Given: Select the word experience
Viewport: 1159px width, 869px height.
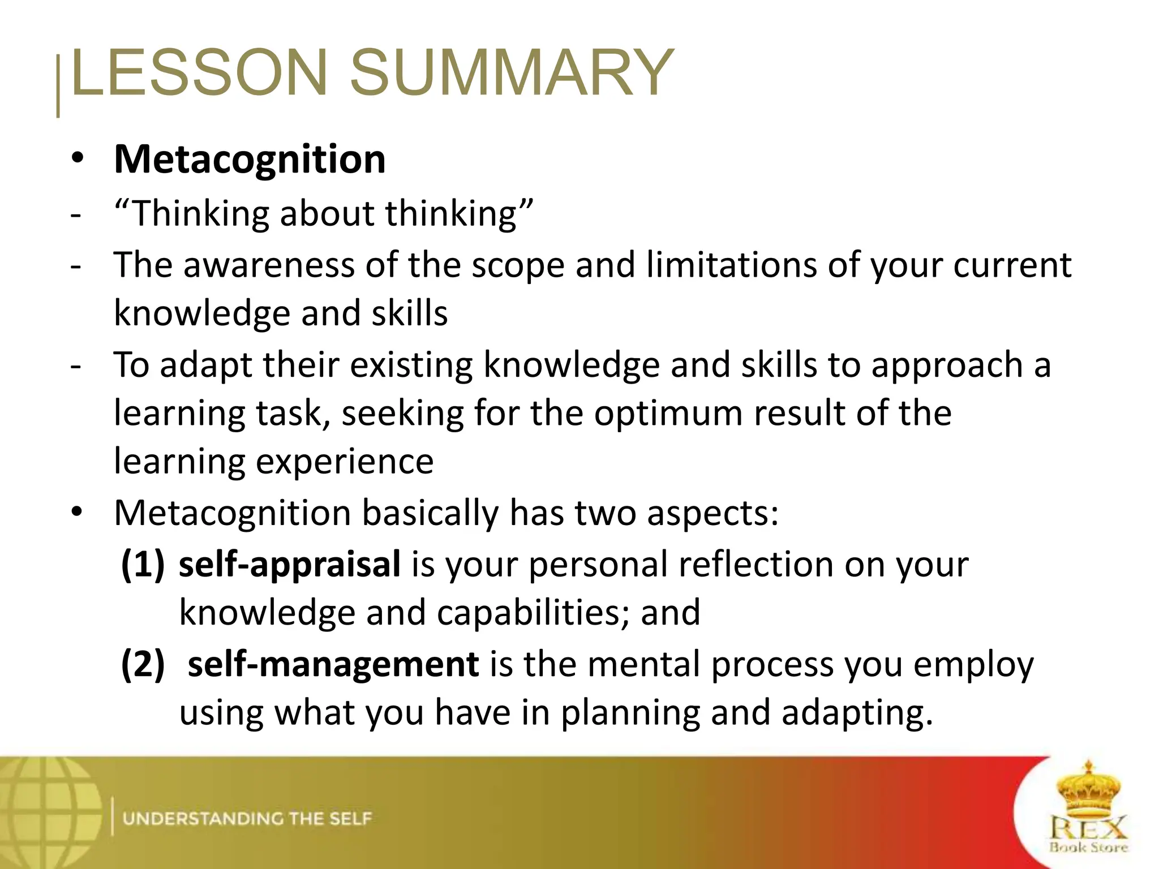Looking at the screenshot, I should point(345,462).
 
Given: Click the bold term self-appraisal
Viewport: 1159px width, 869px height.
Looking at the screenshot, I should point(290,564).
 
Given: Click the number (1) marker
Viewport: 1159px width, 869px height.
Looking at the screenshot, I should point(143,564).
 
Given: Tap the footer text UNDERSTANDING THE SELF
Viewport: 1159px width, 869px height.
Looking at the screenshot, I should point(247,819).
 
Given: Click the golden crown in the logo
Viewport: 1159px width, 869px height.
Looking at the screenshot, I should point(1088,789).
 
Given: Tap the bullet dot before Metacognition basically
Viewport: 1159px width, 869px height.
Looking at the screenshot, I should point(78,512).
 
